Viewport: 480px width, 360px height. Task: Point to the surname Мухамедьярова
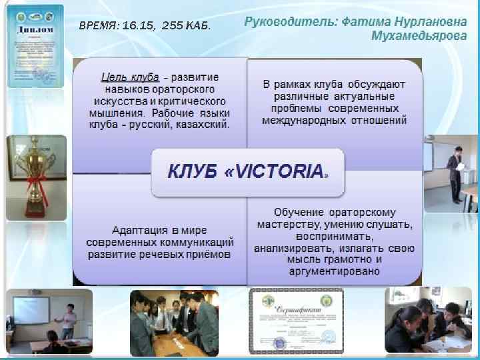point(419,37)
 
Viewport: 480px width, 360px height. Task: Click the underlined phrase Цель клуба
point(127,77)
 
